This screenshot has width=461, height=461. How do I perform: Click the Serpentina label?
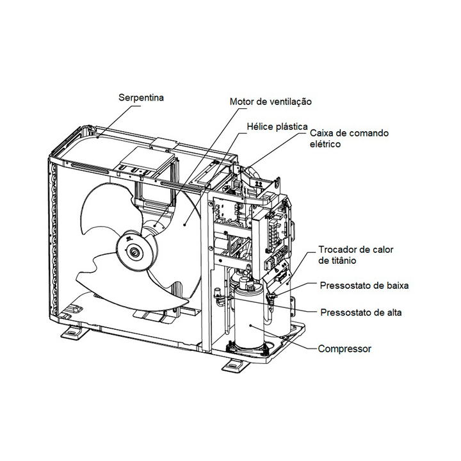pyautogui.click(x=141, y=97)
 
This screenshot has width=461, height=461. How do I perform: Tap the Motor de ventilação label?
pyautogui.click(x=270, y=102)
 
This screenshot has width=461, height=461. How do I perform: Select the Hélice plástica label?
pyautogui.click(x=277, y=127)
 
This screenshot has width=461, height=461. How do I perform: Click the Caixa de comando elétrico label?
pyautogui.click(x=350, y=138)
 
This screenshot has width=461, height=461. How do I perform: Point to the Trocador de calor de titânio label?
pyautogui.click(x=356, y=255)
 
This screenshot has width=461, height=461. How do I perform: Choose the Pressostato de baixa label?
pyautogui.click(x=364, y=286)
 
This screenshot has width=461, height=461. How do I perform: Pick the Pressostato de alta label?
pyautogui.click(x=361, y=312)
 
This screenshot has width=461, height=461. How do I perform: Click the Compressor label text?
pyautogui.click(x=344, y=349)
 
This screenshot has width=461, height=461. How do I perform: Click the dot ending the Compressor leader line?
pyautogui.click(x=250, y=325)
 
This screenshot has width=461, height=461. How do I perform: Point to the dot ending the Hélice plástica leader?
pyautogui.click(x=184, y=225)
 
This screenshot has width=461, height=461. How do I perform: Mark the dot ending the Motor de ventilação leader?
pyautogui.click(x=155, y=226)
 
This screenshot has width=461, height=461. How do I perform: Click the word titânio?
pyautogui.click(x=342, y=261)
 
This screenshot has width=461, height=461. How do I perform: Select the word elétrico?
pyautogui.click(x=325, y=144)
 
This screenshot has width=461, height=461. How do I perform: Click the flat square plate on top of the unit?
pyautogui.click(x=145, y=160)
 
